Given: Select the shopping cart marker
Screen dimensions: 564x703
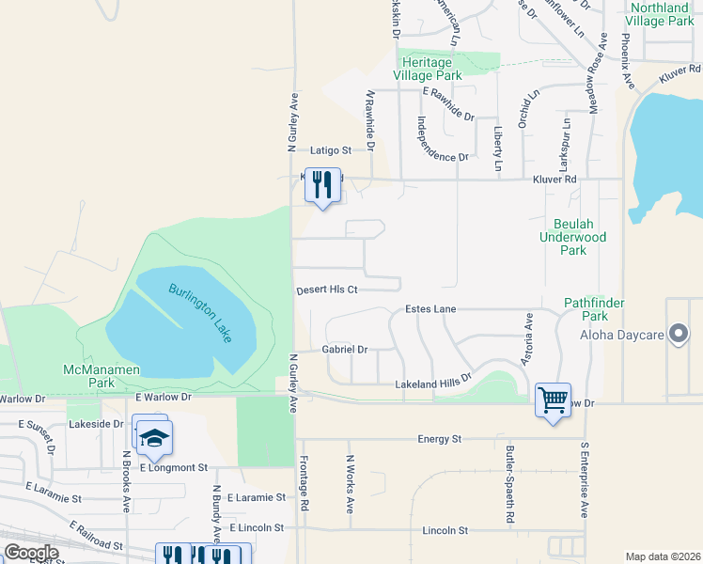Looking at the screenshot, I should click(x=553, y=400).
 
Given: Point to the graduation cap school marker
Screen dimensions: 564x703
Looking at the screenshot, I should click(x=150, y=437).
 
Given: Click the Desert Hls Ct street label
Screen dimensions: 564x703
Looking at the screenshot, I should click(x=327, y=290).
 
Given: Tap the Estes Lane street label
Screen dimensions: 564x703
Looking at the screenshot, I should click(x=430, y=308).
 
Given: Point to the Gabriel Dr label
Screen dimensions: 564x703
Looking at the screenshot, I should click(x=345, y=349).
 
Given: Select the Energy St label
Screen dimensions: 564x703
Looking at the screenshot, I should click(x=441, y=439).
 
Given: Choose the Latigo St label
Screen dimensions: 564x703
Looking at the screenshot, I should click(x=331, y=149).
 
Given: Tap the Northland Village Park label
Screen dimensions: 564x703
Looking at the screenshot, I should click(x=661, y=13).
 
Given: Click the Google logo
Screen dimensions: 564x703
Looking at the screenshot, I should click(x=31, y=553).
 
